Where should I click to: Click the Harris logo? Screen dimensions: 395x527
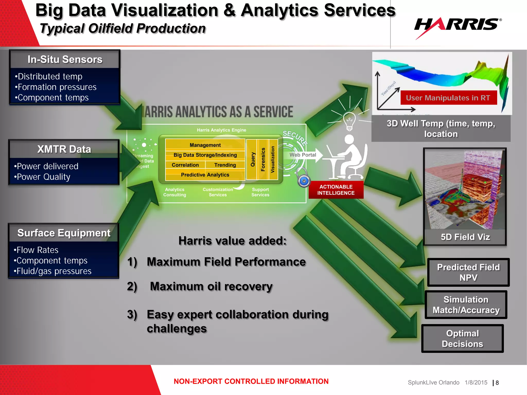point(458,26)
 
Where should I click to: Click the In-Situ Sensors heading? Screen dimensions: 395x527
point(65,59)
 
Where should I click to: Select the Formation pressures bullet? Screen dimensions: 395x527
point(56,87)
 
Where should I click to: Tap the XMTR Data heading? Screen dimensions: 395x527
point(64,149)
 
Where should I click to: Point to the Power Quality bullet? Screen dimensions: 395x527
point(42,177)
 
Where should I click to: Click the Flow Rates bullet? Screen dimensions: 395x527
point(36,250)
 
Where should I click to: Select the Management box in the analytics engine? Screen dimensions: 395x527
point(205,145)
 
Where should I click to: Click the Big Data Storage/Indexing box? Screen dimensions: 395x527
point(205,155)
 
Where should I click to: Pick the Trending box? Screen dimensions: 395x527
point(225,165)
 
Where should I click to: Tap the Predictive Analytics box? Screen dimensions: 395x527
point(205,175)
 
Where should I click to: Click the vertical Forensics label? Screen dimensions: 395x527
point(263,159)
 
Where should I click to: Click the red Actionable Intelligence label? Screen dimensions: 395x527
point(336,190)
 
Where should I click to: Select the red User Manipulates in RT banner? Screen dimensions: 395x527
point(448,98)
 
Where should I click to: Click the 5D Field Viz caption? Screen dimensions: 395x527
point(465,237)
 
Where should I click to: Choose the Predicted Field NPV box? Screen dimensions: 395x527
point(468,272)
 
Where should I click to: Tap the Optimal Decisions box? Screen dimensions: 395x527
point(462,338)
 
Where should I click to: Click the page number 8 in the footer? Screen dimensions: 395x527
point(497,383)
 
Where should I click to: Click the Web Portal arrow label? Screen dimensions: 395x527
point(303,155)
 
